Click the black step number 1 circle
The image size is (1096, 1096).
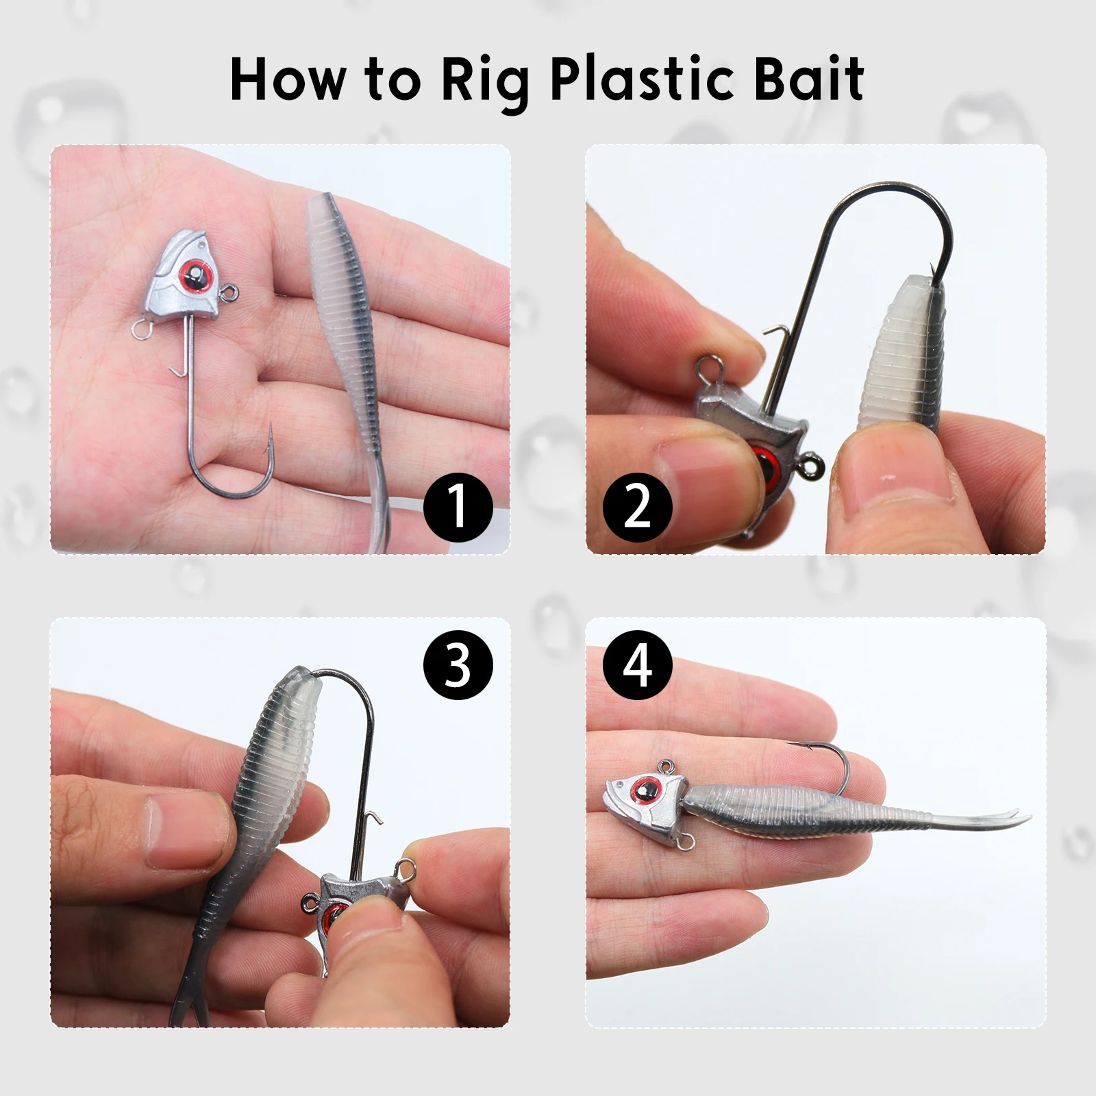458,507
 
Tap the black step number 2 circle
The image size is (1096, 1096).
637,507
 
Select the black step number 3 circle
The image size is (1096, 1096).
458,664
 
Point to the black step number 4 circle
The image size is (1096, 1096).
637,664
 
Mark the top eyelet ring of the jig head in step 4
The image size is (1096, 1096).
665,769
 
